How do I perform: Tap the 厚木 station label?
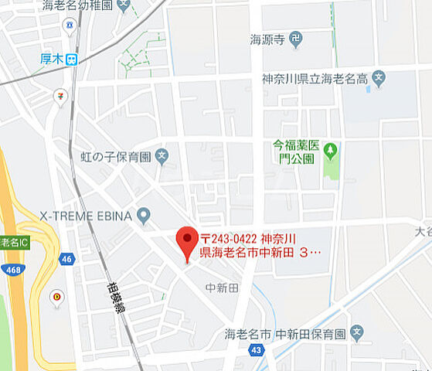coord(51,59)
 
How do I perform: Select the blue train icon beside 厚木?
coord(71,59)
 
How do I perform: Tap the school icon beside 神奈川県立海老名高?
coord(378,77)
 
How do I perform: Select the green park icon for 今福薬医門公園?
coord(331,148)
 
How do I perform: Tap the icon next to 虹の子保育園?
coord(162,157)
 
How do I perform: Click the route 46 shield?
coord(67,259)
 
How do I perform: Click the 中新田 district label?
coord(222,288)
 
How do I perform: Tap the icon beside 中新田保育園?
coord(356,334)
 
